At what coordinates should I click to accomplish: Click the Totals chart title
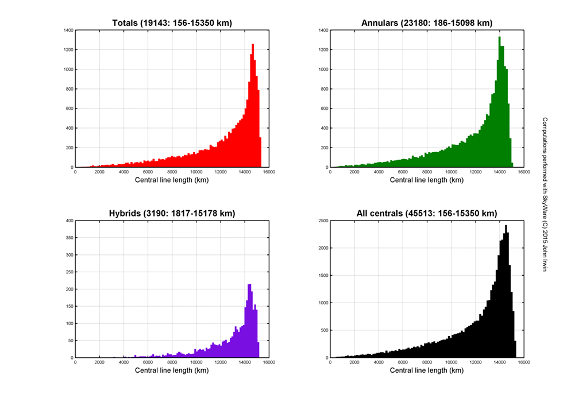coord(172,23)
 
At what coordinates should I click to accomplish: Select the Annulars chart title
coord(427,23)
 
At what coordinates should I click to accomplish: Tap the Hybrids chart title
coord(172,214)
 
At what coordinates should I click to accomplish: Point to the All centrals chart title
coord(427,214)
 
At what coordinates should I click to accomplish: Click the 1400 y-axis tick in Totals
coord(68,30)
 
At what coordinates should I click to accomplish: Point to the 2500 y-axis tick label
coord(323,221)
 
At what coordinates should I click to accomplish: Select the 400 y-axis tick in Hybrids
coord(69,221)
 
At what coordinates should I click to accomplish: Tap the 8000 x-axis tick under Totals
coord(172,172)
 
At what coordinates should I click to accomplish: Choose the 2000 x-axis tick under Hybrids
coord(99,362)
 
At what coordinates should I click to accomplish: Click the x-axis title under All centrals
coord(427,370)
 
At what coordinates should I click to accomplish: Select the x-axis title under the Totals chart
coord(172,180)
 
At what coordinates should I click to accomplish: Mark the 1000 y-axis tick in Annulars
coord(323,69)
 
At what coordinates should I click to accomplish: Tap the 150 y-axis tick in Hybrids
coord(69,306)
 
